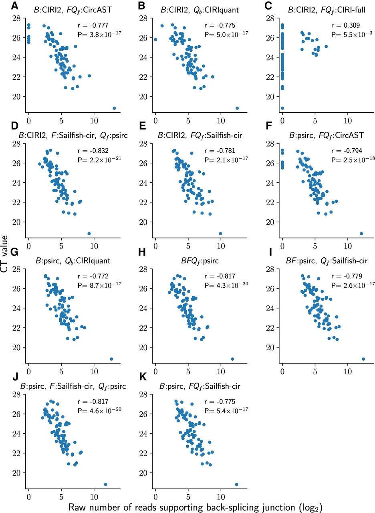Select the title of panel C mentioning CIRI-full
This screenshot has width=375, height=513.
coord(315,6)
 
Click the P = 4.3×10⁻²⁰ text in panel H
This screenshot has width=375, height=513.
coord(226,285)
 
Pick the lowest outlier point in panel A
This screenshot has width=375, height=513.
coord(114,108)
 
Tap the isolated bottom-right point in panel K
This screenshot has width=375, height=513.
coord(236,485)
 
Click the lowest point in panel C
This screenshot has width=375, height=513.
coord(282,108)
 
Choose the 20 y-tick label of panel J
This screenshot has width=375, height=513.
coord(16,473)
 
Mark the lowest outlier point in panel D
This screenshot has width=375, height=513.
coord(89,234)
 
